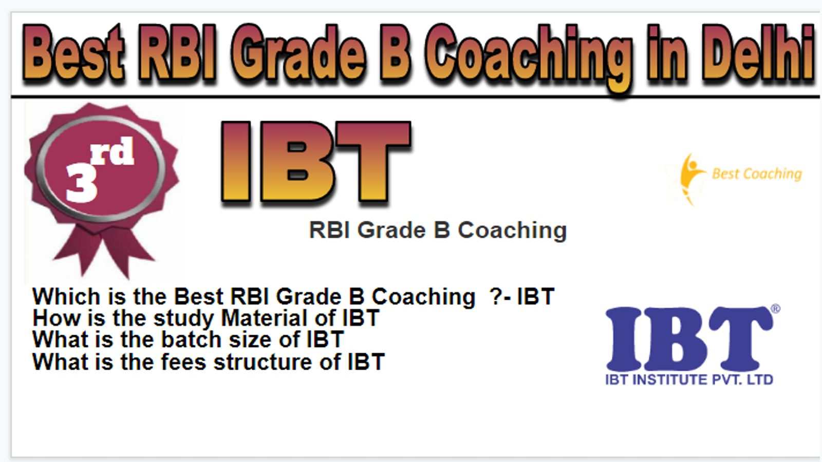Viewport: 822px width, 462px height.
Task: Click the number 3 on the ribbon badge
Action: (x=82, y=182)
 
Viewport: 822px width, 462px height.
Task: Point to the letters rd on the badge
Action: (x=113, y=151)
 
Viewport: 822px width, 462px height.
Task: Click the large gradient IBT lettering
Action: (x=316, y=162)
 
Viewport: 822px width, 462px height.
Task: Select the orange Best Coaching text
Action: (x=757, y=174)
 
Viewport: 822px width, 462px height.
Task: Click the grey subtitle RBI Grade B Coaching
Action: (x=438, y=230)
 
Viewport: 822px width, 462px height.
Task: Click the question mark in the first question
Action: (x=495, y=296)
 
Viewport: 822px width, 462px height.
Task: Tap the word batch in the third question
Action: (x=191, y=339)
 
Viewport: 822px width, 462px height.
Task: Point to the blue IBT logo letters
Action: (x=690, y=339)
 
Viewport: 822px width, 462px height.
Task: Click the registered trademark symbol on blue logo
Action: (x=775, y=309)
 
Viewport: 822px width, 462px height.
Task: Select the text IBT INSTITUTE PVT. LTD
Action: (x=689, y=380)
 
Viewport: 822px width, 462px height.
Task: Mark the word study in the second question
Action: (x=183, y=319)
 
